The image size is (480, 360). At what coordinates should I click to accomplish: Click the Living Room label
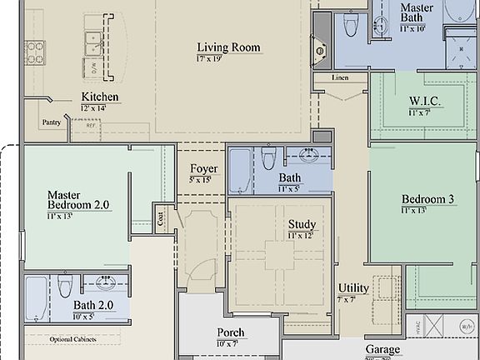pyautogui.click(x=229, y=47)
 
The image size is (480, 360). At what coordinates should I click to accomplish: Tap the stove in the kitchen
pyautogui.click(x=36, y=52)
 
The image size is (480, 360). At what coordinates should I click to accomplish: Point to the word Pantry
pyautogui.click(x=51, y=122)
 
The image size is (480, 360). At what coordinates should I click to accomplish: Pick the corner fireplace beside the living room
pyautogui.click(x=319, y=52)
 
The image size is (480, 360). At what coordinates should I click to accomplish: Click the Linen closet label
pyautogui.click(x=338, y=78)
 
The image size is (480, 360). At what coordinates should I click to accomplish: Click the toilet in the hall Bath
pyautogui.click(x=268, y=158)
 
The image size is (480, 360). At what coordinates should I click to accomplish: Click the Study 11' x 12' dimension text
pyautogui.click(x=301, y=237)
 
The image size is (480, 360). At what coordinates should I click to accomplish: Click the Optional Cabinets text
pyautogui.click(x=72, y=340)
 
